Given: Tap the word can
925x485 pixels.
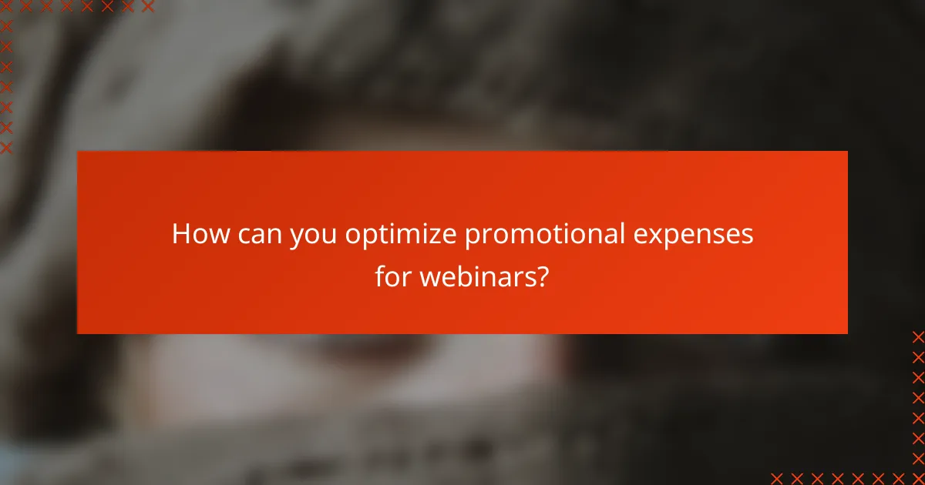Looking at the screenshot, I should coord(260,234).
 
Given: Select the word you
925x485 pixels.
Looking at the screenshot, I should coord(314,236).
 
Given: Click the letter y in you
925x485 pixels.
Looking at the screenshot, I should coord(297,237).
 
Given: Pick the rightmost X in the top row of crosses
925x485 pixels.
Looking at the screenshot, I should coord(148,6).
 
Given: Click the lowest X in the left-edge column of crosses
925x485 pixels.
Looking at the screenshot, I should coord(6,147).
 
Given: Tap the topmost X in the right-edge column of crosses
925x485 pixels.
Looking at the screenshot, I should coord(918,336).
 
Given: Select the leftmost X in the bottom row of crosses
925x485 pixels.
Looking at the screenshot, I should coord(776,478).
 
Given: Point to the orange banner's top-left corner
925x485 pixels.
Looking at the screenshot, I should coord(78,152).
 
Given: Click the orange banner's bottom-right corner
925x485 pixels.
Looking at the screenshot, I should coord(847,333).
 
